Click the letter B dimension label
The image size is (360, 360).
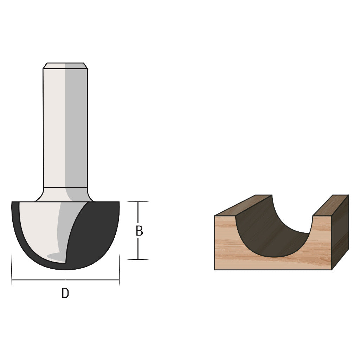coord(139,231)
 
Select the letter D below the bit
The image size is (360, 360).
coord(65,293)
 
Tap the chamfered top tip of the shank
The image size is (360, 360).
coord(65,65)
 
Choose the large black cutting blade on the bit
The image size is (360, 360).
coord(95,236)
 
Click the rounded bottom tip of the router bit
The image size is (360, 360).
coord(66,269)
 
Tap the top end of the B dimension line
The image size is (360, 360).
coord(138,202)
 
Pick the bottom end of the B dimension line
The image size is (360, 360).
coord(138,259)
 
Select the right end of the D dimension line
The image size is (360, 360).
coord(119,280)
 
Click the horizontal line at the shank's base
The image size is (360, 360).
coord(65,187)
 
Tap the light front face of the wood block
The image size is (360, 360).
coord(225,246)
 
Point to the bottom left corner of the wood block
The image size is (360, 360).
coord(215,270)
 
